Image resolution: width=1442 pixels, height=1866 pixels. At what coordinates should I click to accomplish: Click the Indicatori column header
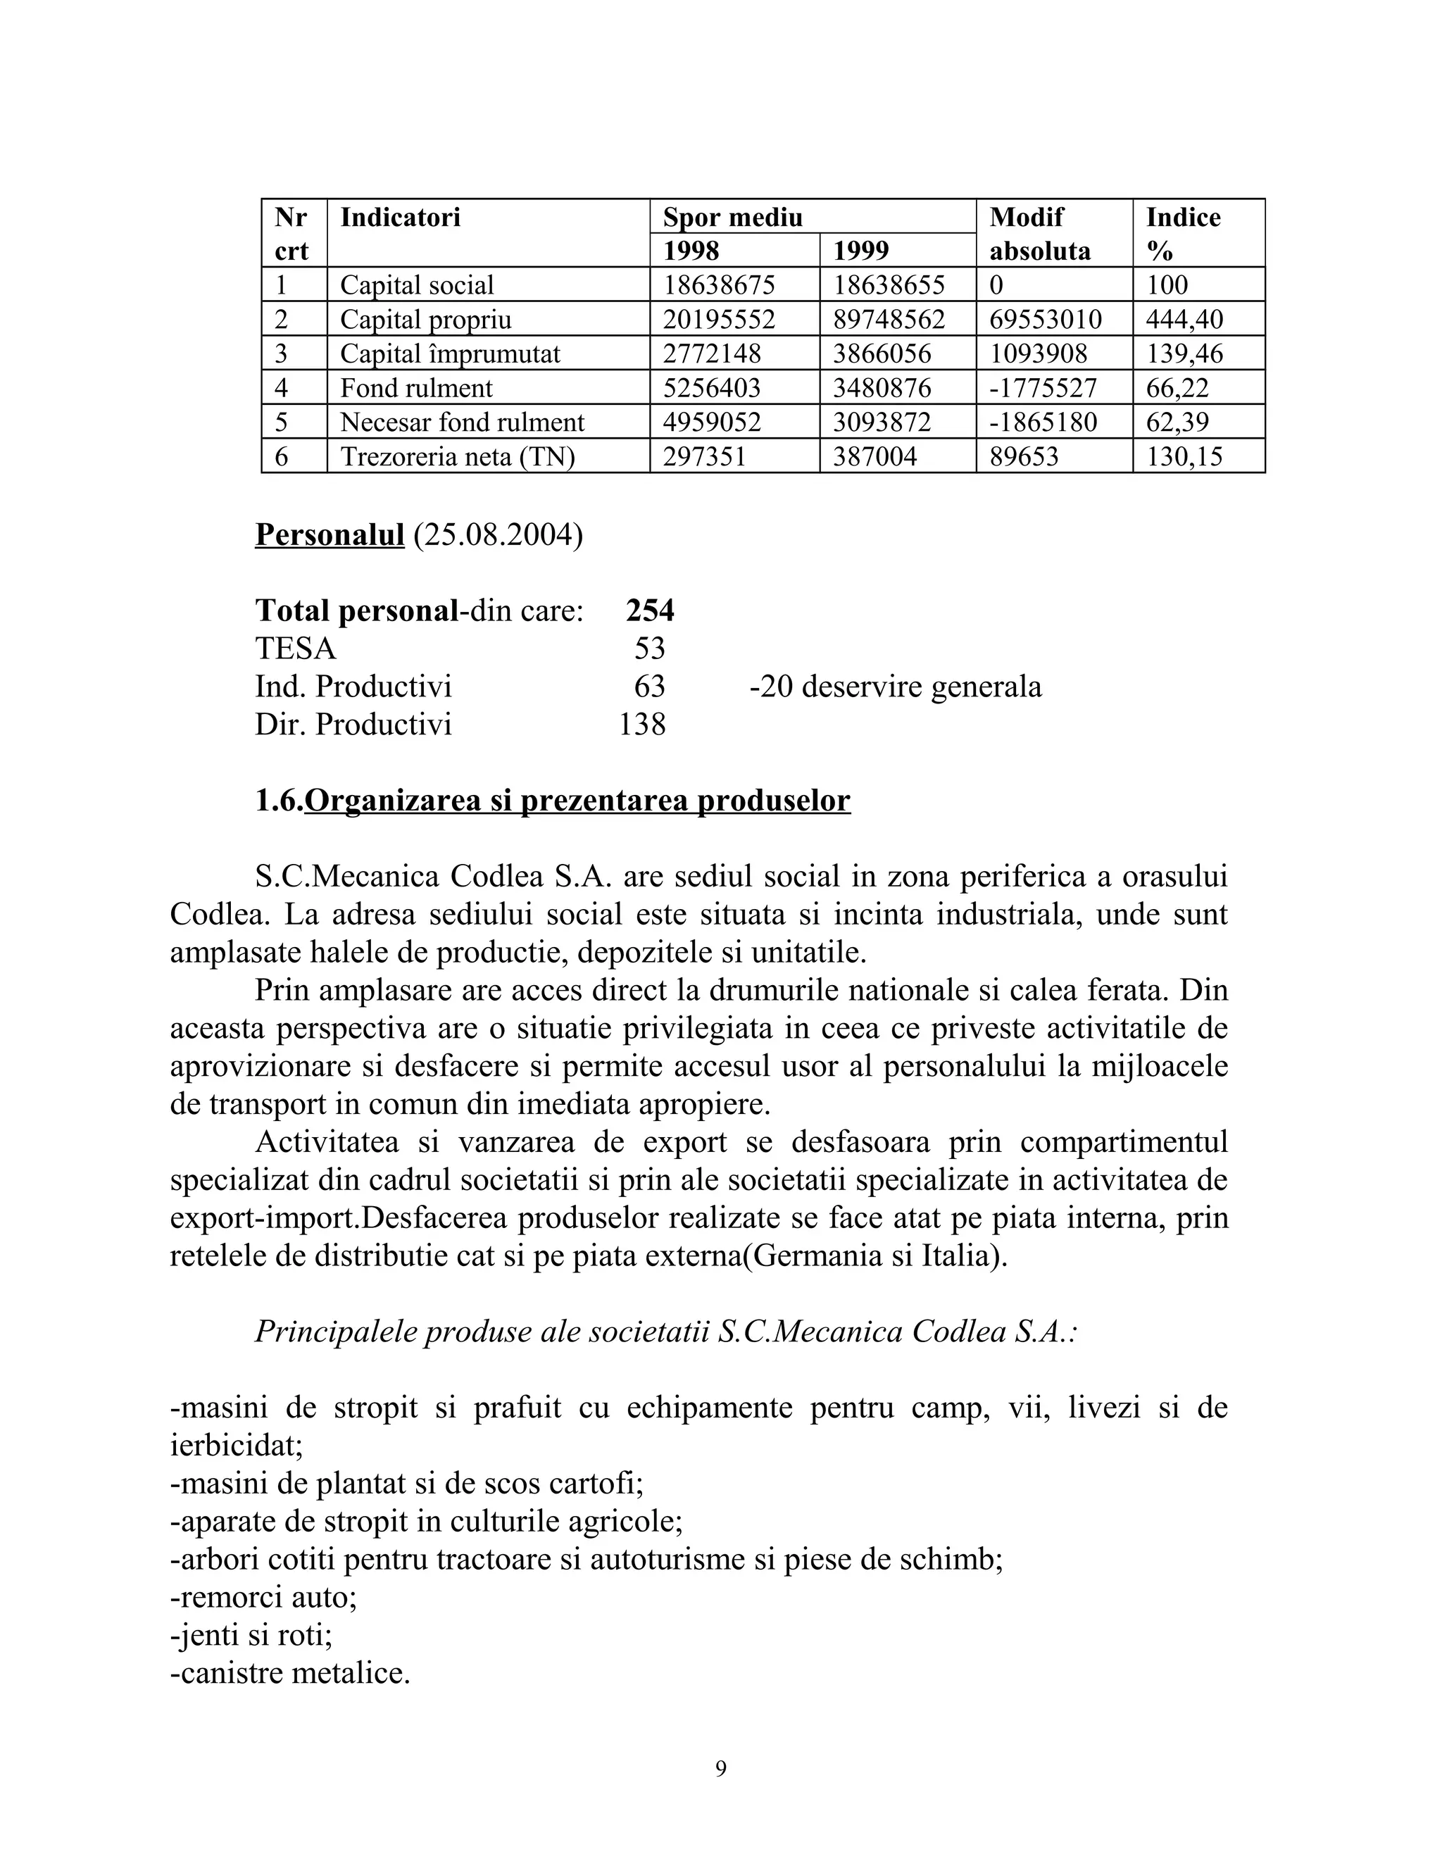(400, 217)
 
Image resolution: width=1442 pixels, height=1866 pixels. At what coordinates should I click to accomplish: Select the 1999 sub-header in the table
(860, 251)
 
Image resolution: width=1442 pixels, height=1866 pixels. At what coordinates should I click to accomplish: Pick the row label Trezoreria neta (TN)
(457, 456)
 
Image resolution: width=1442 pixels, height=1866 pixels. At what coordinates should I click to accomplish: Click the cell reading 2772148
(712, 353)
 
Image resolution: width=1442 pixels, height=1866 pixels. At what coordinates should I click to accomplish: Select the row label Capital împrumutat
(449, 353)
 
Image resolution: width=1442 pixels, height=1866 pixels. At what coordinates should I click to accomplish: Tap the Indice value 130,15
(1184, 456)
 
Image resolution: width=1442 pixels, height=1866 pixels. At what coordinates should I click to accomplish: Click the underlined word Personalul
(329, 535)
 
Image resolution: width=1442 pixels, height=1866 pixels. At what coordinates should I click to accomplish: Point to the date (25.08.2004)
(498, 535)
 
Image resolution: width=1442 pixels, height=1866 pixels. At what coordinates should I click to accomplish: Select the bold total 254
(649, 610)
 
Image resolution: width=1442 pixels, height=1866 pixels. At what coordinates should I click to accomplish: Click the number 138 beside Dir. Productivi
(641, 724)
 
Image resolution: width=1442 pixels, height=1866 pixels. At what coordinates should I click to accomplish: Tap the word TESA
(296, 649)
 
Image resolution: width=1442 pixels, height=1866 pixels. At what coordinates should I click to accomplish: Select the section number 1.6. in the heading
(280, 801)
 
